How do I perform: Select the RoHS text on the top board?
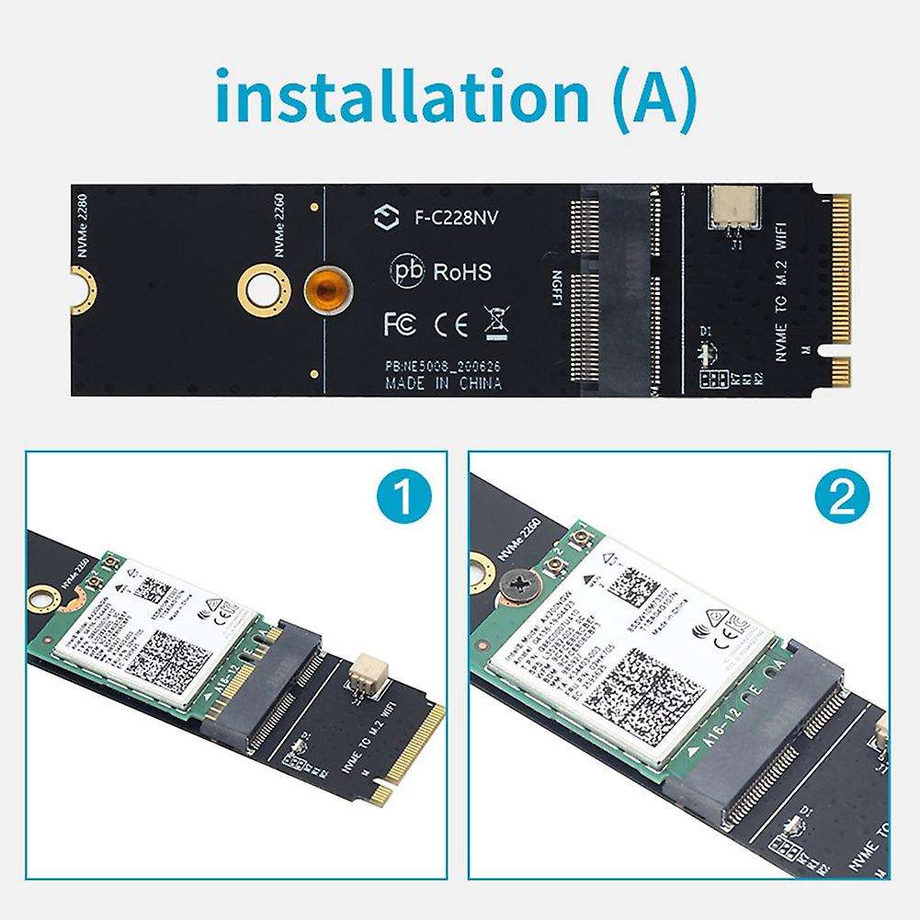(x=461, y=272)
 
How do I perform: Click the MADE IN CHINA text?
(x=444, y=383)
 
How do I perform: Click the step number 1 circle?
(x=403, y=501)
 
